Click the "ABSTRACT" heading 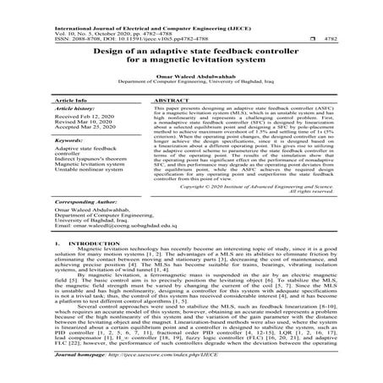click(x=169, y=100)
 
